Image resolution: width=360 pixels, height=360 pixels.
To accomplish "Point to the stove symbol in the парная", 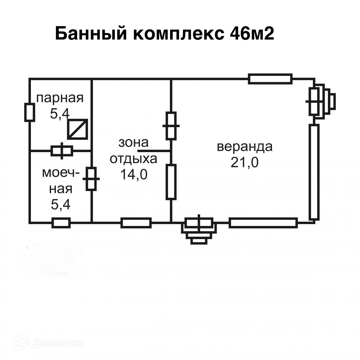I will click(x=77, y=129).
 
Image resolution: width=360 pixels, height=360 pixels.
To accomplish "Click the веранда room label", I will click(x=245, y=147).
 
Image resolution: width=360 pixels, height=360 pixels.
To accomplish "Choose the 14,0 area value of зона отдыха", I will click(x=133, y=174).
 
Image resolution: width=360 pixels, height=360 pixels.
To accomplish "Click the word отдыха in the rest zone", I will click(x=133, y=159).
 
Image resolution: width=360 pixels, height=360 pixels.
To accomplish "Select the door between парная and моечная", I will click(x=62, y=150).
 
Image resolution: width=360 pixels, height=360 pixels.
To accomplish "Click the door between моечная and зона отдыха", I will click(x=91, y=179).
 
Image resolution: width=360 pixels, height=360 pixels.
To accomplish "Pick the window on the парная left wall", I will click(x=29, y=112).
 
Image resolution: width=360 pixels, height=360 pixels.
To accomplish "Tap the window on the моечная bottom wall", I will click(x=61, y=223).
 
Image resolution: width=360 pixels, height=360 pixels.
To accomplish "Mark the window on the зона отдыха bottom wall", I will click(x=136, y=223).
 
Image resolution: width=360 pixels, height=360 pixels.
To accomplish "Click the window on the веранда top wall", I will click(x=270, y=79).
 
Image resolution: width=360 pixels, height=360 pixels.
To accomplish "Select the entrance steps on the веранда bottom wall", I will click(x=199, y=231).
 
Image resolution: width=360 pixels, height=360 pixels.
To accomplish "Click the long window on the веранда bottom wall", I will click(x=263, y=223).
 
